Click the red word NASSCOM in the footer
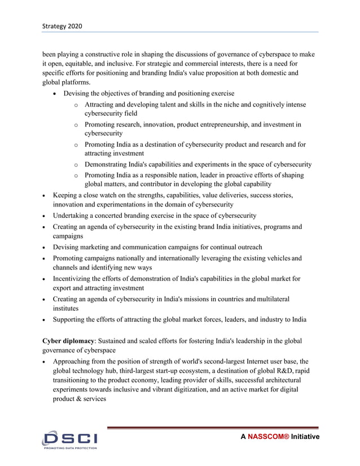(x=268, y=437)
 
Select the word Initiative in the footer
(x=305, y=437)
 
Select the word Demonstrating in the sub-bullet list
(x=110, y=165)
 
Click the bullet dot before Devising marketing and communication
(x=45, y=247)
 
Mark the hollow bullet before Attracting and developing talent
(x=76, y=105)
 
